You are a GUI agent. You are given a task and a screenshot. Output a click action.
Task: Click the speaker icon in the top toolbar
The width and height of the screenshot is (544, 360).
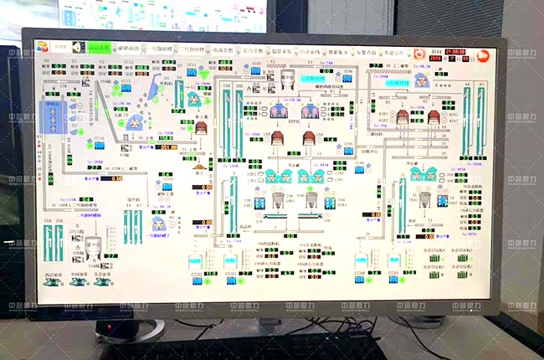[78, 49]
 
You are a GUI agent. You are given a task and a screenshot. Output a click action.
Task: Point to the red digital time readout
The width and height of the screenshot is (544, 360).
[455, 51]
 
